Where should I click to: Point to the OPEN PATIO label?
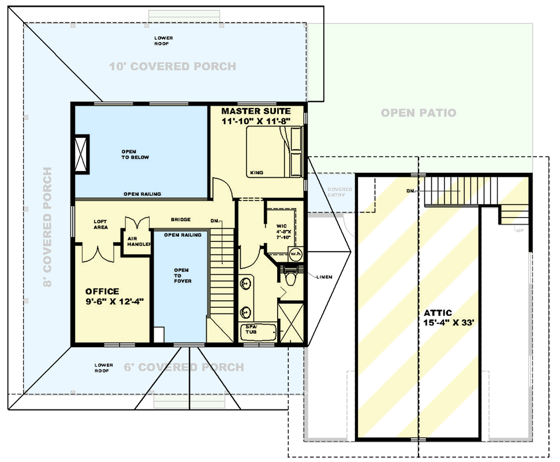click(x=418, y=113)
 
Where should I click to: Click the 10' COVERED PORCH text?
click(x=173, y=66)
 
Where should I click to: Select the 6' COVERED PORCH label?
click(x=184, y=367)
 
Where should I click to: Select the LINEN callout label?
click(x=324, y=277)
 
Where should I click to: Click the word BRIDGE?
click(x=180, y=219)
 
